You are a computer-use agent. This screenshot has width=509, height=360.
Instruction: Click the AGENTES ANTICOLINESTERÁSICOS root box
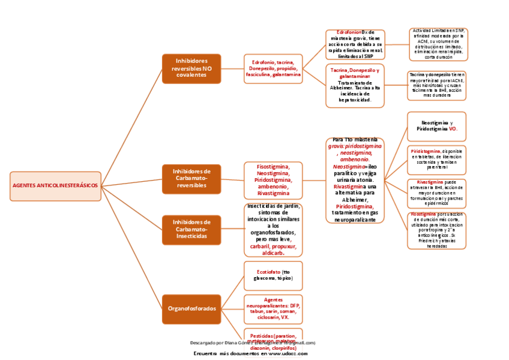point(55,186)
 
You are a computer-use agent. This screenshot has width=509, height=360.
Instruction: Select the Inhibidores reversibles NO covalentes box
point(191,68)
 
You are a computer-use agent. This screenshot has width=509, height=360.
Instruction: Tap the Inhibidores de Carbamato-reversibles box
point(191,179)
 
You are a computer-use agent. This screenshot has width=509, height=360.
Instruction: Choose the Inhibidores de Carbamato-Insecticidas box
point(191,229)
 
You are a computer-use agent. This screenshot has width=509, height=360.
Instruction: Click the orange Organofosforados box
point(191,308)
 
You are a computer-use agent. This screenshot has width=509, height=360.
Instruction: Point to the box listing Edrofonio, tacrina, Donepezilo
point(273,68)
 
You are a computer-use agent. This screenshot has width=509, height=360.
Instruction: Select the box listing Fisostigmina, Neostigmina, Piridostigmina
point(273,179)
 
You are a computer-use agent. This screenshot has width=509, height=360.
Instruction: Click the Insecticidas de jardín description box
point(273,230)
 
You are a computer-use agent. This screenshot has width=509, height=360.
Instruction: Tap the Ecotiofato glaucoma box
point(273,275)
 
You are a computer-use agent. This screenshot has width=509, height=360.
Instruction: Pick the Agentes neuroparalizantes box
point(273,308)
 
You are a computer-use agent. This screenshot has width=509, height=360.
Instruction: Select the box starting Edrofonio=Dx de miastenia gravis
point(355,44)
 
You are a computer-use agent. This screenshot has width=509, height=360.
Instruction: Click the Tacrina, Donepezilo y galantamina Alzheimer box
point(355,85)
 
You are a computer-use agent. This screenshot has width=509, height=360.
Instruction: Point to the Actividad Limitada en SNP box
point(438,44)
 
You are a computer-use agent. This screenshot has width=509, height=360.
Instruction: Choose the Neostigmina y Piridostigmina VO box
point(436,126)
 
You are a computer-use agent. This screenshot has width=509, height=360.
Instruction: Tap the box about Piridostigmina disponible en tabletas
point(436,158)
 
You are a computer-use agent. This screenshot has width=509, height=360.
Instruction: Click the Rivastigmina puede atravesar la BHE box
point(436,192)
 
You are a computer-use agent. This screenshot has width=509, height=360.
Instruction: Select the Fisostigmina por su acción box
point(436,230)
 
